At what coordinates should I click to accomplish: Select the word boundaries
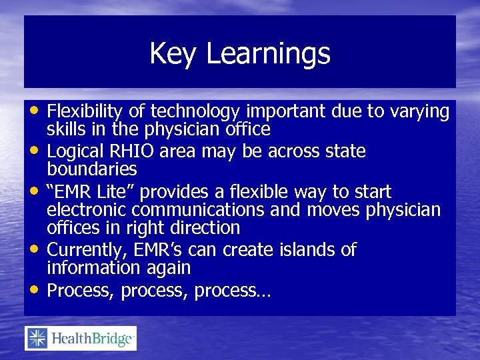tap(92, 169)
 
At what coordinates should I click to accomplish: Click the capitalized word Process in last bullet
tap(81, 291)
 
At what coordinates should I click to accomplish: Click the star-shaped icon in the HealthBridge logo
tap(37, 339)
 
